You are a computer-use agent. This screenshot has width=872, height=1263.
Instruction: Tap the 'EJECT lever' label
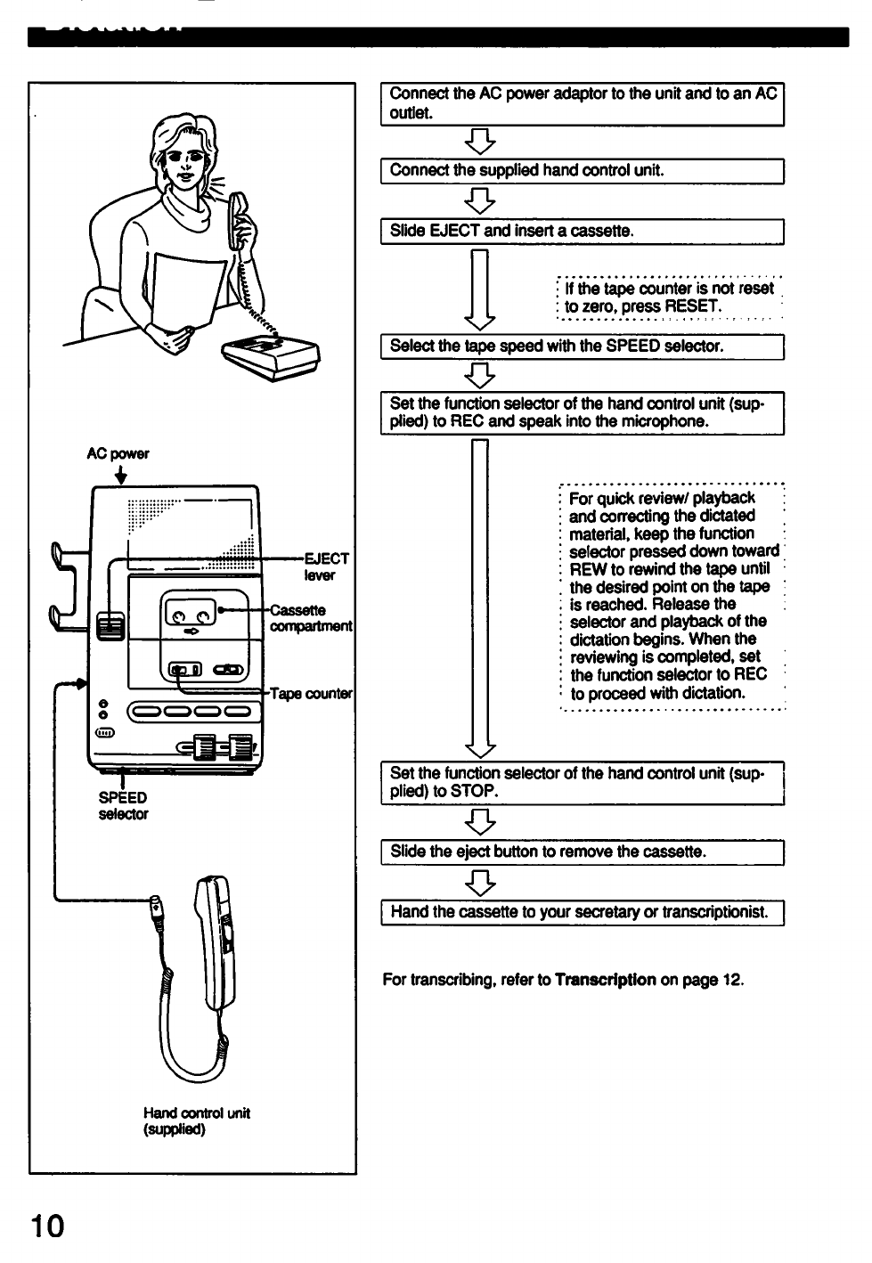coord(326,566)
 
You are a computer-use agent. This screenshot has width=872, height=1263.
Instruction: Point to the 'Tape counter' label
coord(312,694)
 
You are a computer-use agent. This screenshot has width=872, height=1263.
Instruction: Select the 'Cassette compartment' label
coord(311,618)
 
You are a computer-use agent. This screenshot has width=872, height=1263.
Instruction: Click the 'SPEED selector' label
coord(123,805)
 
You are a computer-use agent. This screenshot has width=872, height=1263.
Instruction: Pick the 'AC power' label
coord(118,454)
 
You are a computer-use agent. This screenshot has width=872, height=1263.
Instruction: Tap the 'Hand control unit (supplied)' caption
coord(197,1120)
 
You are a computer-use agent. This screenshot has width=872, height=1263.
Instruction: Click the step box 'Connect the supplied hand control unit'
coord(582,171)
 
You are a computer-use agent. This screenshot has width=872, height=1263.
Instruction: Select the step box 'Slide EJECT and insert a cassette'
coord(582,232)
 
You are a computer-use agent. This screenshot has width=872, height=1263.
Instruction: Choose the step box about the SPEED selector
coord(582,346)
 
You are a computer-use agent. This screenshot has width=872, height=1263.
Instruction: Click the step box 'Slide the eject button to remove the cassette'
coord(582,852)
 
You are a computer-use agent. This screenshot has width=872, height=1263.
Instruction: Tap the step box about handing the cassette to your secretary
coord(582,913)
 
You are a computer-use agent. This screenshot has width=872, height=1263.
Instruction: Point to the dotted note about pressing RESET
coord(668,297)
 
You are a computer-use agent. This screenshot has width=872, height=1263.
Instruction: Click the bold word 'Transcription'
coord(605,980)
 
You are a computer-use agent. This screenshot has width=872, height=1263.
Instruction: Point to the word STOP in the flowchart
coord(472,791)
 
